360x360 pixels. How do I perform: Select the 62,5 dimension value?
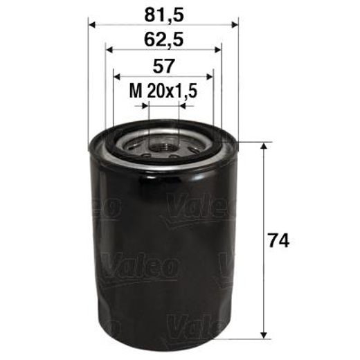click(163, 39)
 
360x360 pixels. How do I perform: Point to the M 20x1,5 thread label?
click(163, 90)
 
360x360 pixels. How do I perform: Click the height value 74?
click(278, 240)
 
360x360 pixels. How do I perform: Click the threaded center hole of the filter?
click(164, 144)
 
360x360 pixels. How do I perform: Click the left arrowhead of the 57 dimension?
click(116, 77)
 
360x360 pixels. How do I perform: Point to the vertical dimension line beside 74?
click(264, 208)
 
